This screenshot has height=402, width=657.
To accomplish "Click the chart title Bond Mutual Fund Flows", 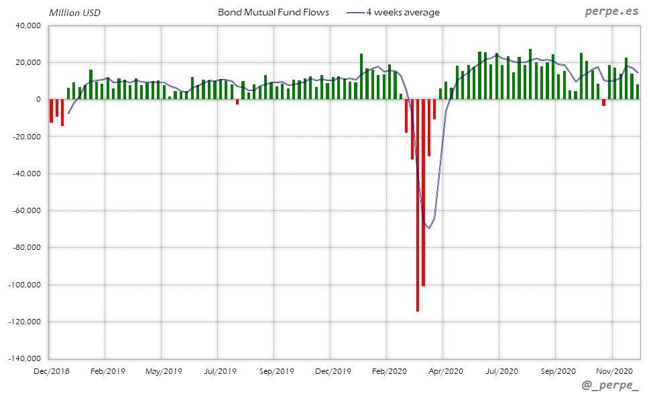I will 274,13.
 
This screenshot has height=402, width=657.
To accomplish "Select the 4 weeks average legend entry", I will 402,13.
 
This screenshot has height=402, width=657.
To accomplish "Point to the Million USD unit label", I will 74,13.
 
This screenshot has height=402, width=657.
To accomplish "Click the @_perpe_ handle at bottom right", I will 611,386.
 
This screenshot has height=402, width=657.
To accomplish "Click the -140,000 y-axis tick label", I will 24,358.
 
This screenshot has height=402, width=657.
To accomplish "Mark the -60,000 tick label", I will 26,210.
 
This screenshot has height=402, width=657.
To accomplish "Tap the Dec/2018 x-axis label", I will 51,371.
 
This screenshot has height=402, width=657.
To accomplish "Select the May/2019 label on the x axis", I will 164,371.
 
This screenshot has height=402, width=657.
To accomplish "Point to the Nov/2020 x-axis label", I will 614,371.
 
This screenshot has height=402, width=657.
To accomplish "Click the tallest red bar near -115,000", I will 418,205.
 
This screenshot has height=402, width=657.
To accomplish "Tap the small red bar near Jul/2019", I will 237,102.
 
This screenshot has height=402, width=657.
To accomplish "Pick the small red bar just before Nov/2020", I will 603,103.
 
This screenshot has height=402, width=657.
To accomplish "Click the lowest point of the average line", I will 429,228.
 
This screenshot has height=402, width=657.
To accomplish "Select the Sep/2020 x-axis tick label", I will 558,371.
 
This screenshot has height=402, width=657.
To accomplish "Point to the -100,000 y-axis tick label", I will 24,285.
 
